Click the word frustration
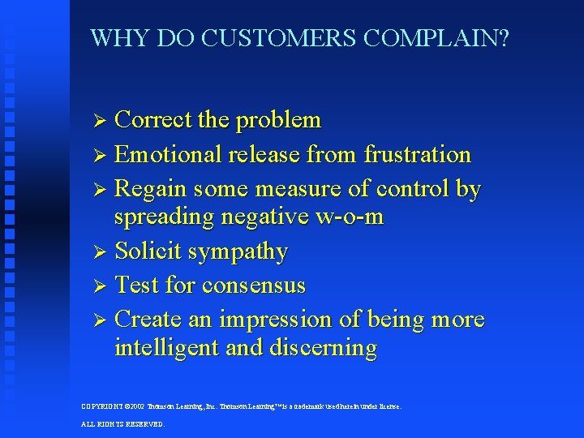click(x=418, y=154)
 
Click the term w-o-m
click(x=350, y=217)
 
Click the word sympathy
click(x=238, y=252)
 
